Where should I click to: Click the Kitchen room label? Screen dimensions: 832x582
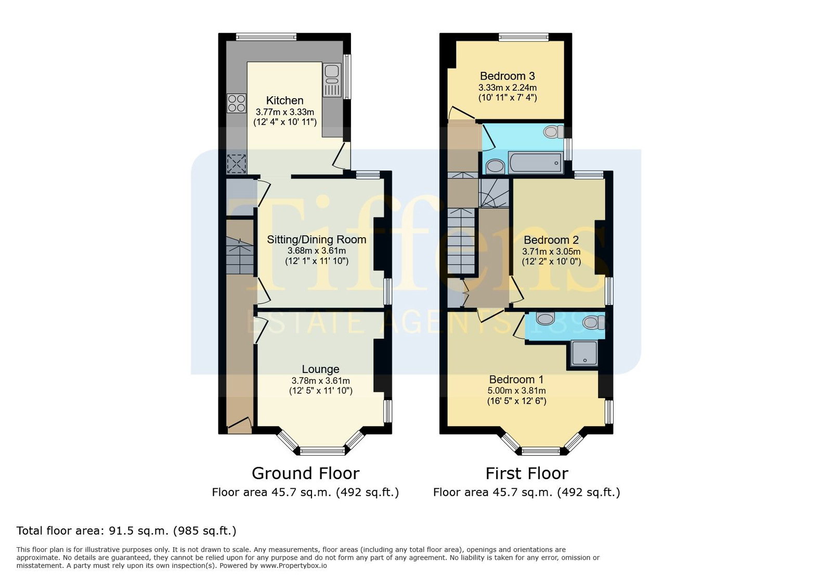pos(284,100)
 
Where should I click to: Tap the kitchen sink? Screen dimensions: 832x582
pos(332,80)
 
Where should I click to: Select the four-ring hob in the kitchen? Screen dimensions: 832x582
pos(237,103)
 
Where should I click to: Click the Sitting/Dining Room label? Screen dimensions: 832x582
pos(317,240)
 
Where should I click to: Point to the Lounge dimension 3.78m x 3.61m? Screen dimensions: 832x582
pos(320,381)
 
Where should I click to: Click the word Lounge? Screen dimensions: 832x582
pos(320,369)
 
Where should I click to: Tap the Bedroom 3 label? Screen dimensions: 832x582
pos(508,76)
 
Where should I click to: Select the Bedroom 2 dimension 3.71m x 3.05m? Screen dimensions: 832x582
pos(551,251)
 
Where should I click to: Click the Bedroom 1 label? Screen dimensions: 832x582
pos(516,379)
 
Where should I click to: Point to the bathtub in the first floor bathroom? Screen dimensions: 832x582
pos(536,163)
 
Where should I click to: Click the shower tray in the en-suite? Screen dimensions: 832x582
pos(584,353)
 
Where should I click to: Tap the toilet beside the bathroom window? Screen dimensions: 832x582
pos(553,132)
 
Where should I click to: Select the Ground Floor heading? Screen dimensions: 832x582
pos(305,473)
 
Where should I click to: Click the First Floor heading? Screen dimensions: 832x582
pos(527,473)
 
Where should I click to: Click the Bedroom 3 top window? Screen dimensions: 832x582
pos(523,36)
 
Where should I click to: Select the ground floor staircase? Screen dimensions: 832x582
pos(240,256)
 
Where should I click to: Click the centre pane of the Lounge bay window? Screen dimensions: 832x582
pos(322,451)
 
